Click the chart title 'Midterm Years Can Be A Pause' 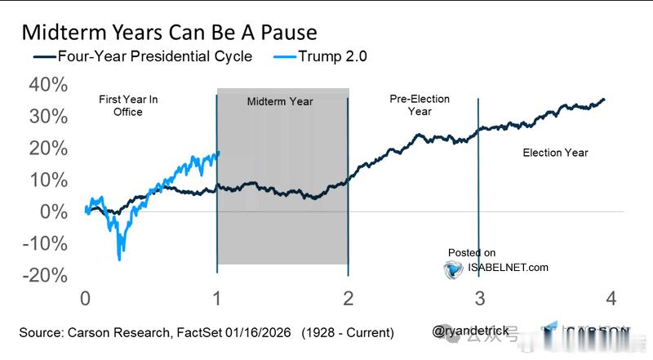(169, 33)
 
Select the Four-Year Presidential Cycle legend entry (143, 56)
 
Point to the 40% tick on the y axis (49, 85)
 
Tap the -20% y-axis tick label (45, 275)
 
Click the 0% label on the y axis (53, 211)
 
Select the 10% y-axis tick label (49, 180)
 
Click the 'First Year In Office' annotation (128, 105)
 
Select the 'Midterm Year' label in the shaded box (280, 102)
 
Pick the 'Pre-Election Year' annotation (420, 105)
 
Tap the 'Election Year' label (555, 153)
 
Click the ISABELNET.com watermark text (508, 267)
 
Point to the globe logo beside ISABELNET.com (454, 269)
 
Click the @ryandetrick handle (472, 331)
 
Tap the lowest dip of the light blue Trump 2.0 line (119, 259)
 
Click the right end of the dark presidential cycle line (605, 100)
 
